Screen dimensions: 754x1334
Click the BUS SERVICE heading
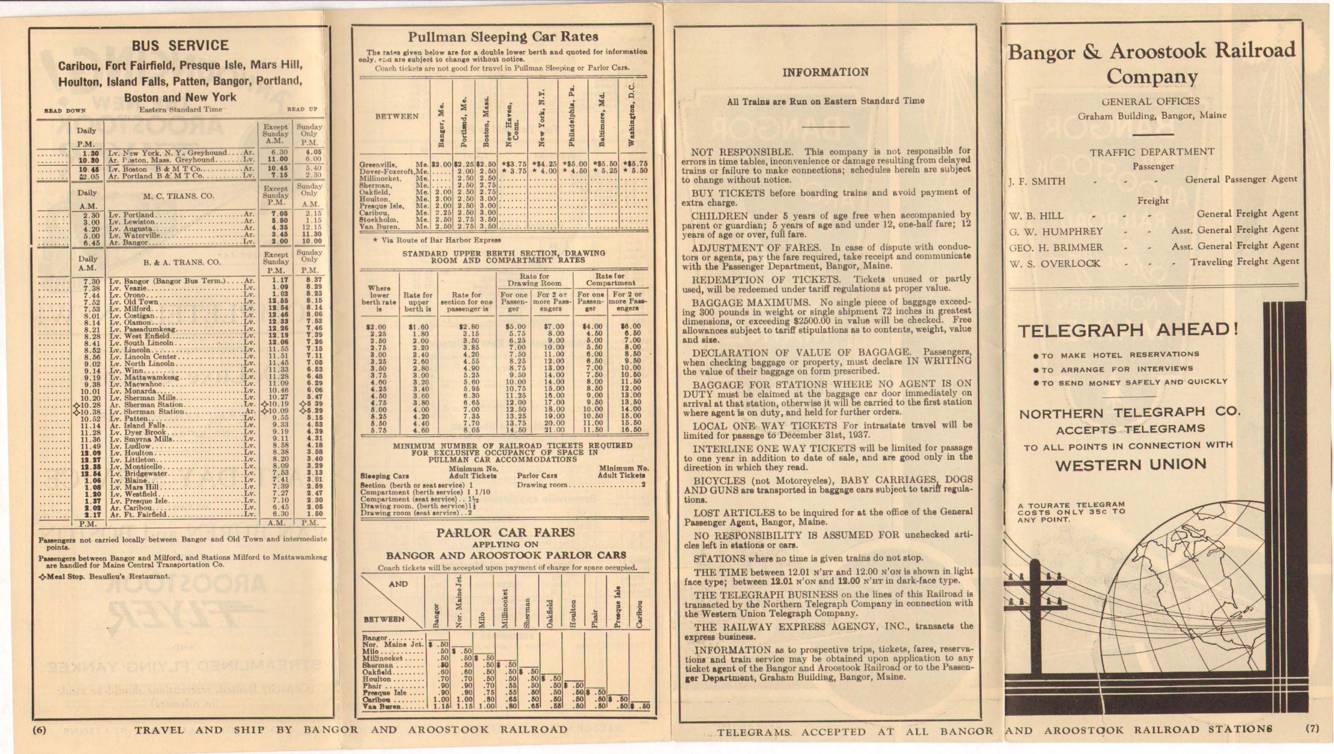[180, 45]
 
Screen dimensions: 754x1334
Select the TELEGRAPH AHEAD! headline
[1128, 330]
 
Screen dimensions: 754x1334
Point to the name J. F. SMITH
[1037, 181]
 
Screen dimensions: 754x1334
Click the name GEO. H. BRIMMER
[1056, 247]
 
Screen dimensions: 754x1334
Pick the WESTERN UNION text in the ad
[1130, 465]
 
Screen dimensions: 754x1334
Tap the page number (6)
[39, 730]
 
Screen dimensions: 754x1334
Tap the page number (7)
[1312, 728]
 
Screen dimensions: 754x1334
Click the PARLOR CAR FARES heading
[505, 533]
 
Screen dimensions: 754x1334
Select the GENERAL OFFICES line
[1150, 102]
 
